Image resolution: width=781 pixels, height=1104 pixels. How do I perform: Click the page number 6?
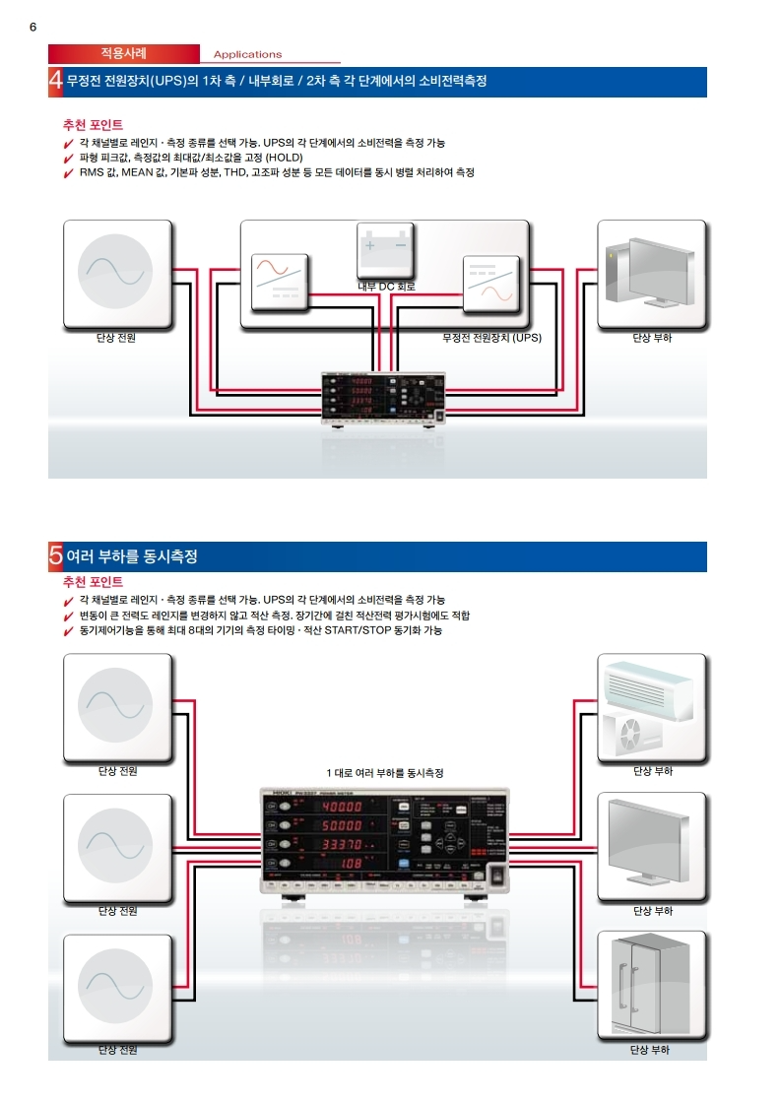33,28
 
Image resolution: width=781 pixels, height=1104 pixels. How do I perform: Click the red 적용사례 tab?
124,53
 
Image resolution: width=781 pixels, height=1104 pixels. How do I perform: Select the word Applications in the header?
247,55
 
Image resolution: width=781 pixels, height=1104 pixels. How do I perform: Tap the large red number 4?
56,82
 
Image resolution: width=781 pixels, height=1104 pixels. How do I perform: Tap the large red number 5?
56,557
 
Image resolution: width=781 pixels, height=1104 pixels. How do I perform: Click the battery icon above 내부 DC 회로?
386,250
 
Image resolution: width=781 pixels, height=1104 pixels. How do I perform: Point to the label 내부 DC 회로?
386,287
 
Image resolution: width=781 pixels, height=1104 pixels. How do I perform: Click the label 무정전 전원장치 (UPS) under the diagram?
492,338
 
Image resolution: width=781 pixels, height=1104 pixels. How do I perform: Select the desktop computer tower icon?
651,273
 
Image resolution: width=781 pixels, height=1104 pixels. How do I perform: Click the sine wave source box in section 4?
117,273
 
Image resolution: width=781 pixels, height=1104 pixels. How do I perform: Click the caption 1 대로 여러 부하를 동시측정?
385,773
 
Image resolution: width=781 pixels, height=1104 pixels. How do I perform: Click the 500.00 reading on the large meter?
339,825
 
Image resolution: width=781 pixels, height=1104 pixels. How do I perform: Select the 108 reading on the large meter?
352,864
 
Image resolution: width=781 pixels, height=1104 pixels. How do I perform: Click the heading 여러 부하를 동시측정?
132,557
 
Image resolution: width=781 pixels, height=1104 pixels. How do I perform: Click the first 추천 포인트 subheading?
93,126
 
